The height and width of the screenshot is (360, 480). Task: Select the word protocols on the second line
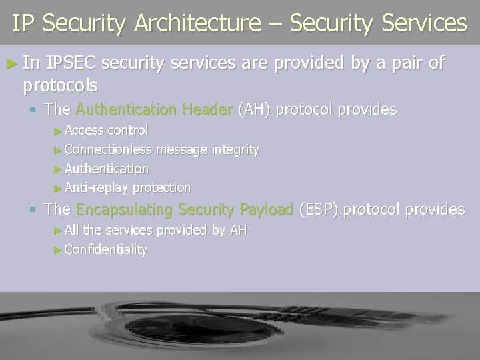click(60, 85)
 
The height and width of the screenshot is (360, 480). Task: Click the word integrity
click(235, 150)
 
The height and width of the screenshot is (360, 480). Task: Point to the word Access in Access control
click(85, 129)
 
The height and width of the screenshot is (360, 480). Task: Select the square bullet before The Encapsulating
click(34, 209)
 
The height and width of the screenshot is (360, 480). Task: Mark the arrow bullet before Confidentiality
click(57, 250)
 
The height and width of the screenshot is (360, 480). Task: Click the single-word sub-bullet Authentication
click(107, 169)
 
